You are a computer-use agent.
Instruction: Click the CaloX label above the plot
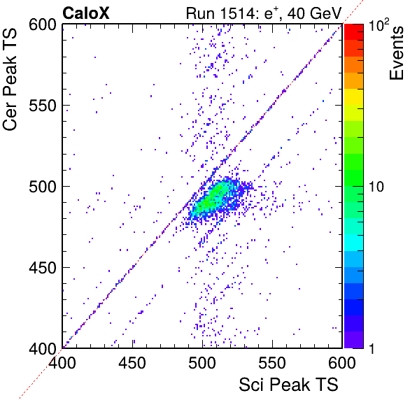(x=86, y=13)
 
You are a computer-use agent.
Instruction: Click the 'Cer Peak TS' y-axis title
(x=10, y=80)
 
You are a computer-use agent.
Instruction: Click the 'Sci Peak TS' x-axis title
(x=288, y=385)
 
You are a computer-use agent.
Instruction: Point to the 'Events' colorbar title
(x=396, y=53)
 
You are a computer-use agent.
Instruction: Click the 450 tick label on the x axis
(x=132, y=363)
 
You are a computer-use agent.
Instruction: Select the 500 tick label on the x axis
(x=202, y=363)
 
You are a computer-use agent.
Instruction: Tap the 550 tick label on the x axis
(x=272, y=363)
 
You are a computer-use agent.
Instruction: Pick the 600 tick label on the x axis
(x=342, y=363)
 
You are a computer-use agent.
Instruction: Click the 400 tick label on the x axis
(x=62, y=363)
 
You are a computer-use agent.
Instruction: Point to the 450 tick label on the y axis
(x=43, y=268)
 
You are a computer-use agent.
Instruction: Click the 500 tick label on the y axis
(x=43, y=187)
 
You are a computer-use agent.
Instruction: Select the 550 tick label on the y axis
(x=43, y=106)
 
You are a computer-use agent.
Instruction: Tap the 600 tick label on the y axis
(x=43, y=25)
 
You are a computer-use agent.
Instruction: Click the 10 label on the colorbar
(x=376, y=187)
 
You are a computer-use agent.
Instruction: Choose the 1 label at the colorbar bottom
(x=372, y=348)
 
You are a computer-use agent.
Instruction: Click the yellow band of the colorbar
(x=354, y=97)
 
